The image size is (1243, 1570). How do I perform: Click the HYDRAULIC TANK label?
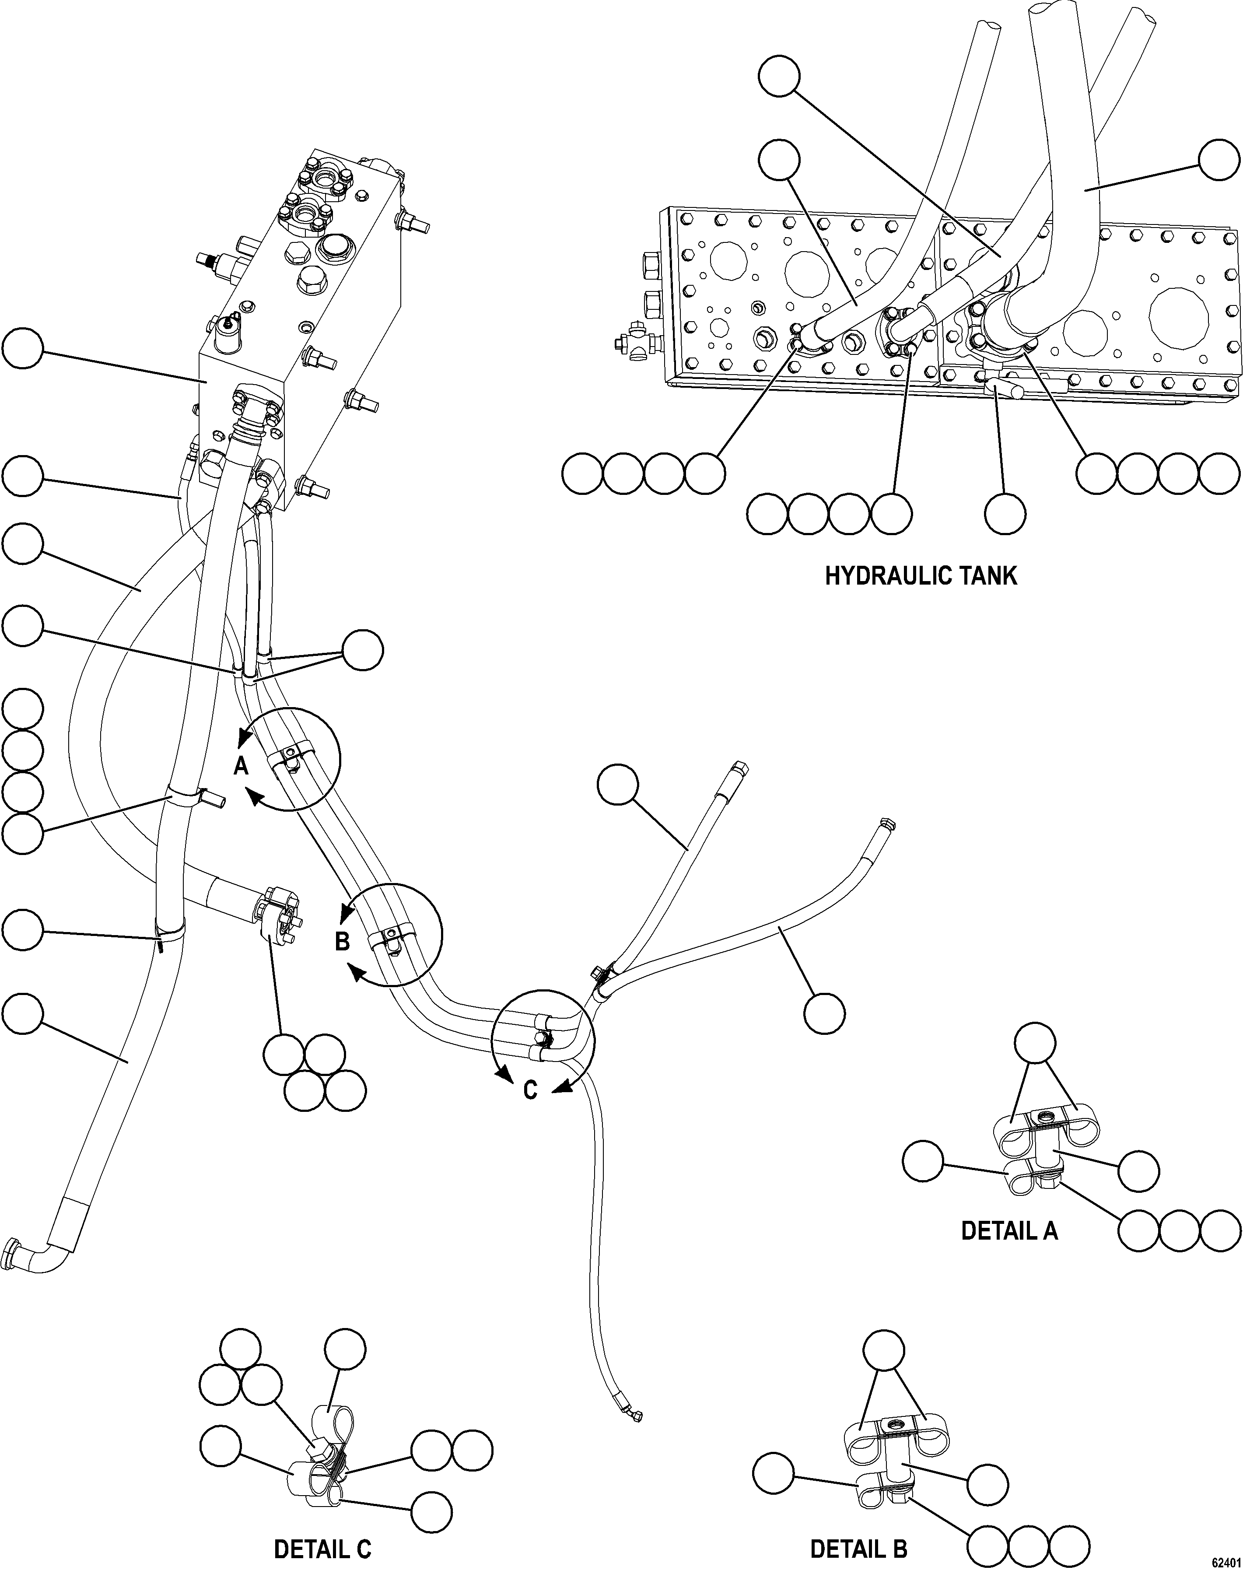[921, 576]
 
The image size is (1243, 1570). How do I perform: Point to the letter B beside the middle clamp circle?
[342, 942]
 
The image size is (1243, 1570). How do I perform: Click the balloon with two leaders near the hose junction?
[362, 650]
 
